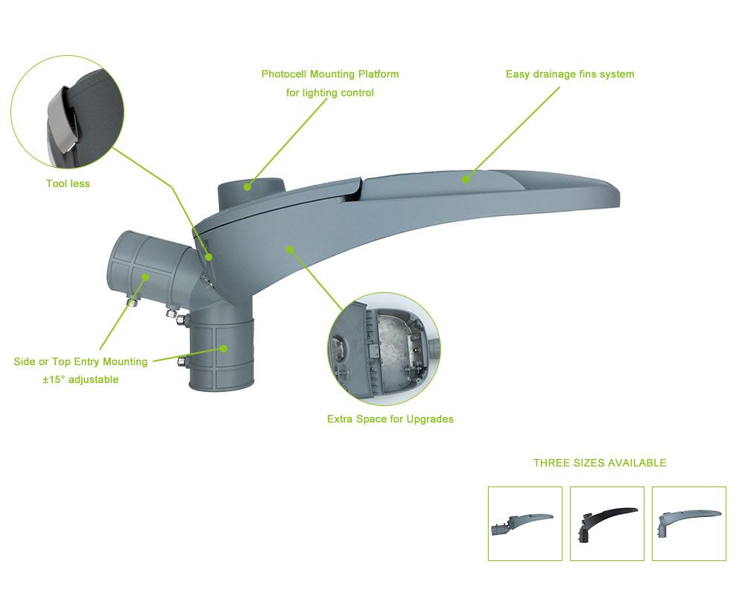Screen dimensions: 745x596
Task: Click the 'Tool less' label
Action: click(x=68, y=183)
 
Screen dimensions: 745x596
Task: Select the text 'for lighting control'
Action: click(x=330, y=92)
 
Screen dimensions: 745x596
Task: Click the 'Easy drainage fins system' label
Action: click(x=570, y=74)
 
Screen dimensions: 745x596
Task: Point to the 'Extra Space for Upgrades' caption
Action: click(x=390, y=419)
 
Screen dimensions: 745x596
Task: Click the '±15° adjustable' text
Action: click(x=80, y=379)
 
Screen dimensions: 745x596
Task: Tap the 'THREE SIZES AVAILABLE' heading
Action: click(x=600, y=463)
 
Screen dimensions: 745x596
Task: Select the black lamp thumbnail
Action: click(x=606, y=523)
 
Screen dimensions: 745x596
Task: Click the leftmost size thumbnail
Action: click(x=525, y=523)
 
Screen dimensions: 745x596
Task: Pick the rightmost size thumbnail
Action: click(x=689, y=523)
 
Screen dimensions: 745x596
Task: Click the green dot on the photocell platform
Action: click(x=247, y=187)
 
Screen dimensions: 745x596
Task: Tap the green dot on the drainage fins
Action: click(x=466, y=180)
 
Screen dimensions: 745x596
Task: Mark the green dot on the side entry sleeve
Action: click(x=145, y=276)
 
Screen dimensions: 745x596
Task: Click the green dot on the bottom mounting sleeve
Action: click(x=223, y=349)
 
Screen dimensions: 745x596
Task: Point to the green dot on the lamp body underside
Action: click(x=290, y=249)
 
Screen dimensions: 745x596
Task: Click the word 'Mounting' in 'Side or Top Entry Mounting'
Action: click(x=125, y=361)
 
